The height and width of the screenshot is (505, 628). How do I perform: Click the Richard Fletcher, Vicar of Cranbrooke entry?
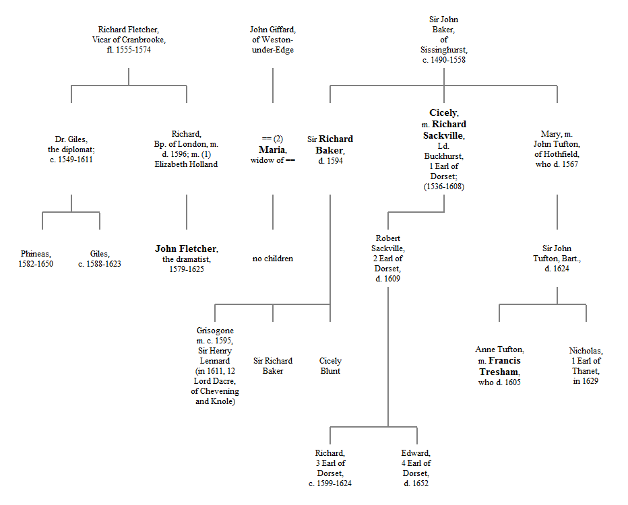pyautogui.click(x=129, y=39)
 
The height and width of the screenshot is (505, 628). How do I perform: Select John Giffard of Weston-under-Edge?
pyautogui.click(x=273, y=39)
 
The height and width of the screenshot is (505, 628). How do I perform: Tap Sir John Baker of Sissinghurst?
pyautogui.click(x=443, y=40)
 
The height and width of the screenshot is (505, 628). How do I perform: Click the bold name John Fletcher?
pyautogui.click(x=186, y=249)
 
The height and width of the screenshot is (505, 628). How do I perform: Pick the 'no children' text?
pyautogui.click(x=273, y=259)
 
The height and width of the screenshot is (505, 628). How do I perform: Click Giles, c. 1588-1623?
pyautogui.click(x=100, y=259)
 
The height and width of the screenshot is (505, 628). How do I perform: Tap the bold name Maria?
pyautogui.click(x=274, y=149)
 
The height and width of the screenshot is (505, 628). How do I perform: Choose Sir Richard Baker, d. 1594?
pyautogui.click(x=330, y=149)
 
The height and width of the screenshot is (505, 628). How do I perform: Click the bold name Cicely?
pyautogui.click(x=443, y=113)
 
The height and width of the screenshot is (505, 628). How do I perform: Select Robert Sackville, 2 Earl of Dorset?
pyautogui.click(x=387, y=259)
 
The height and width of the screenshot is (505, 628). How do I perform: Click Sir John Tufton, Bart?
pyautogui.click(x=557, y=259)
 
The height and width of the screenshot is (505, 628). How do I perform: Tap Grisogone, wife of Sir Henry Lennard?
pyautogui.click(x=215, y=366)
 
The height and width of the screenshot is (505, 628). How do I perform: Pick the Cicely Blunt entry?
pyautogui.click(x=330, y=366)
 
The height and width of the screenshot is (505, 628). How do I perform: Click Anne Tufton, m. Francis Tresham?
pyautogui.click(x=499, y=366)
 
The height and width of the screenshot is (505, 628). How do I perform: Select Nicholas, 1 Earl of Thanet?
pyautogui.click(x=586, y=366)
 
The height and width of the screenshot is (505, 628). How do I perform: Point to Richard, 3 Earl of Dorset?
pyautogui.click(x=330, y=468)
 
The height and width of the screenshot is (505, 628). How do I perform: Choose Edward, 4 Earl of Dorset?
pyautogui.click(x=416, y=468)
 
